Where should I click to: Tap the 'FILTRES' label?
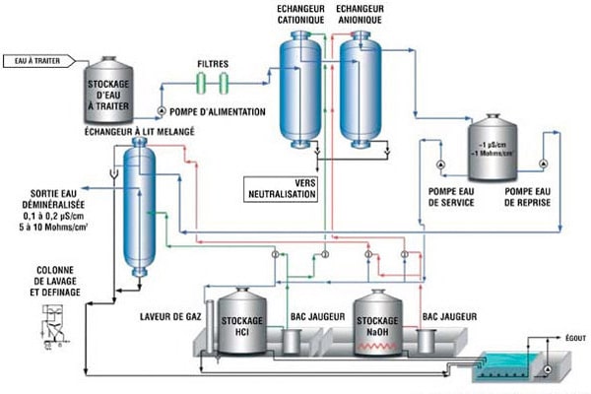click(x=212, y=63)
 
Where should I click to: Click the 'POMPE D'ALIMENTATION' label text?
click(x=218, y=112)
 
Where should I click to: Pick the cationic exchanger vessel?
click(x=299, y=89)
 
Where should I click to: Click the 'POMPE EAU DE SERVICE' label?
click(x=451, y=196)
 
